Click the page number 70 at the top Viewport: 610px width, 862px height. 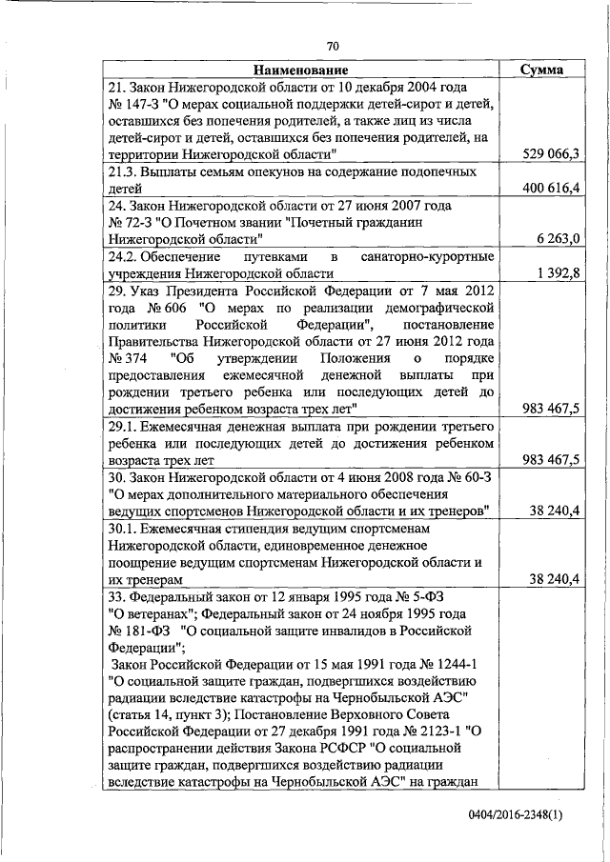point(333,46)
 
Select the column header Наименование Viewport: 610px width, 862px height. point(300,70)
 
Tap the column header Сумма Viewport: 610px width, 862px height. point(540,70)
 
